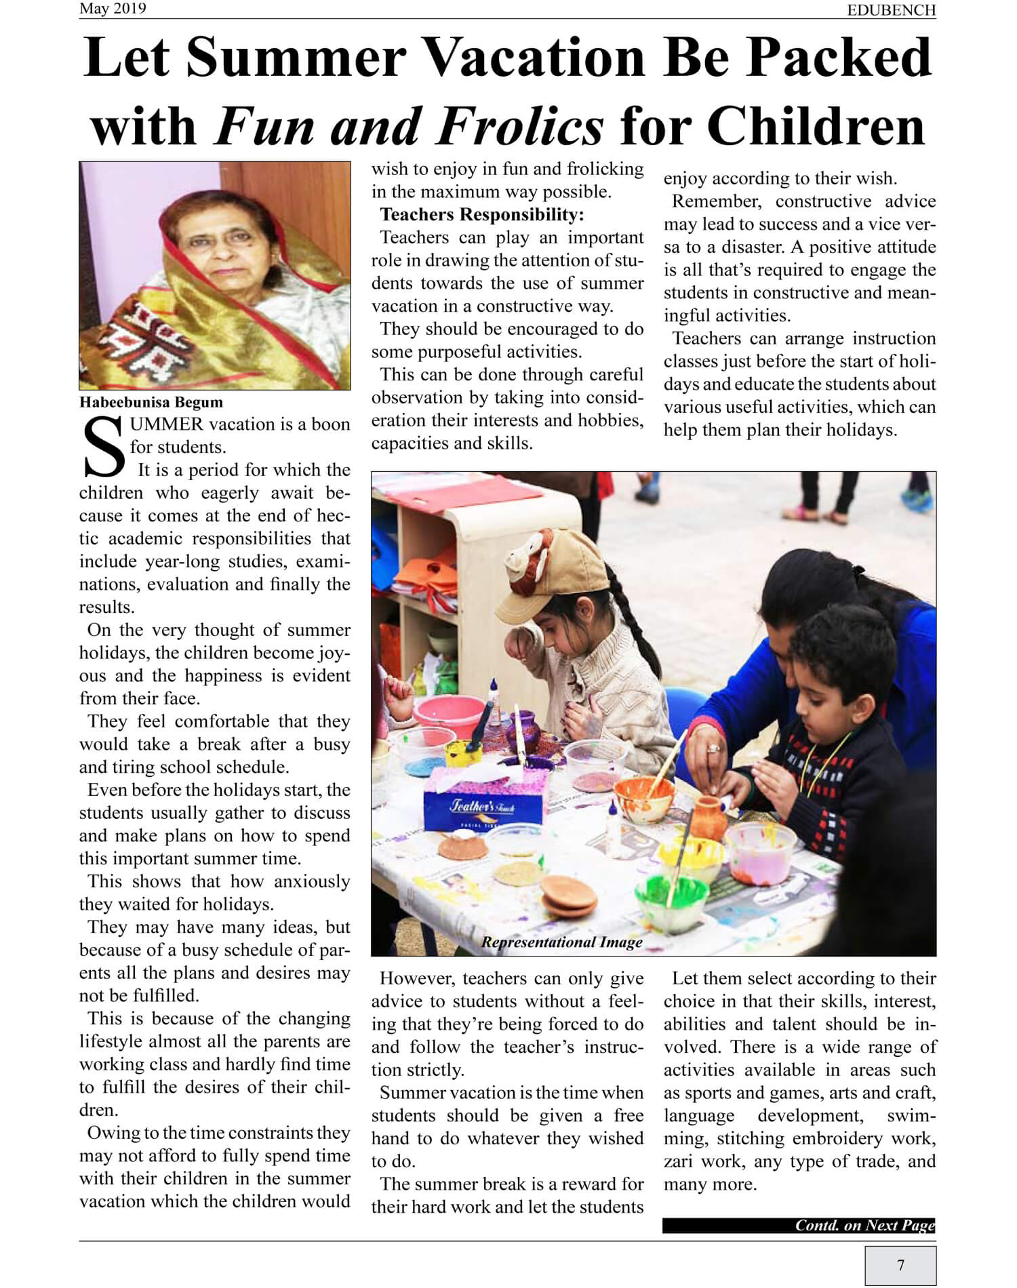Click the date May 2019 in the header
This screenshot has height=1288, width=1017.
coord(113,9)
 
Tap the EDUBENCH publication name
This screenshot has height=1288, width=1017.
coord(891,10)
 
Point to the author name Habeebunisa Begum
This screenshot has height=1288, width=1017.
coord(151,402)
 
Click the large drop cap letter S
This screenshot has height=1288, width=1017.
coord(104,448)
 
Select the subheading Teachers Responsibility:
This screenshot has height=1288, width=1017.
coord(482,215)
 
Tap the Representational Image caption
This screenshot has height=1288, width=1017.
coord(562,942)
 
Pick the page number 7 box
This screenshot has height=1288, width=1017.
coord(900,1264)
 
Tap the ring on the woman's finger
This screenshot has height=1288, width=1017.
coord(713,748)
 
